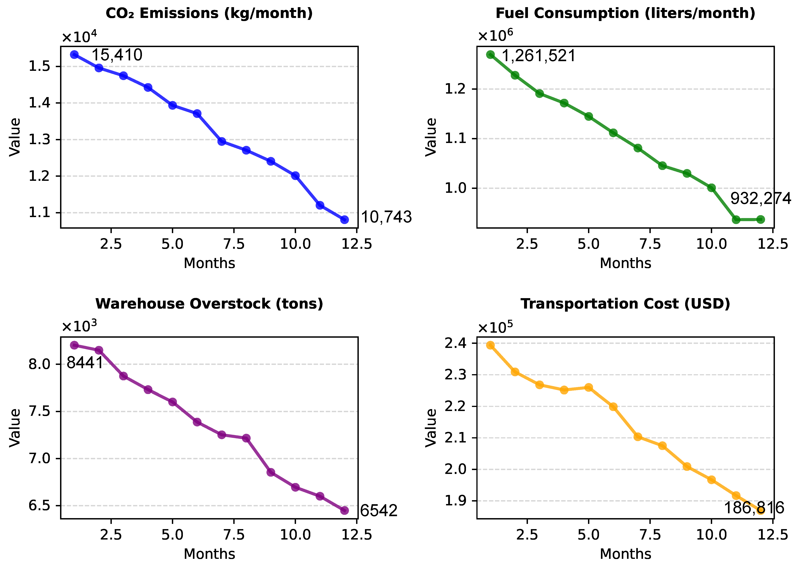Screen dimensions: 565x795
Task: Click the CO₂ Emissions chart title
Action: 209,14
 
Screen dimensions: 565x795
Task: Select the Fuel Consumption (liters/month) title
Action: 625,14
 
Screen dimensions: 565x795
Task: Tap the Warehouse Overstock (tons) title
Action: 209,304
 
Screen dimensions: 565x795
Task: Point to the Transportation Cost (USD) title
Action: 625,304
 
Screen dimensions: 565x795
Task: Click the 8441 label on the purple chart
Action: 85,363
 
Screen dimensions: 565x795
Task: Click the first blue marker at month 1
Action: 74,55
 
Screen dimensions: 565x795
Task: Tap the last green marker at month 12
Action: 761,219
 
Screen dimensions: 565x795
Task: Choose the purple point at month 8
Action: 246,438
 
